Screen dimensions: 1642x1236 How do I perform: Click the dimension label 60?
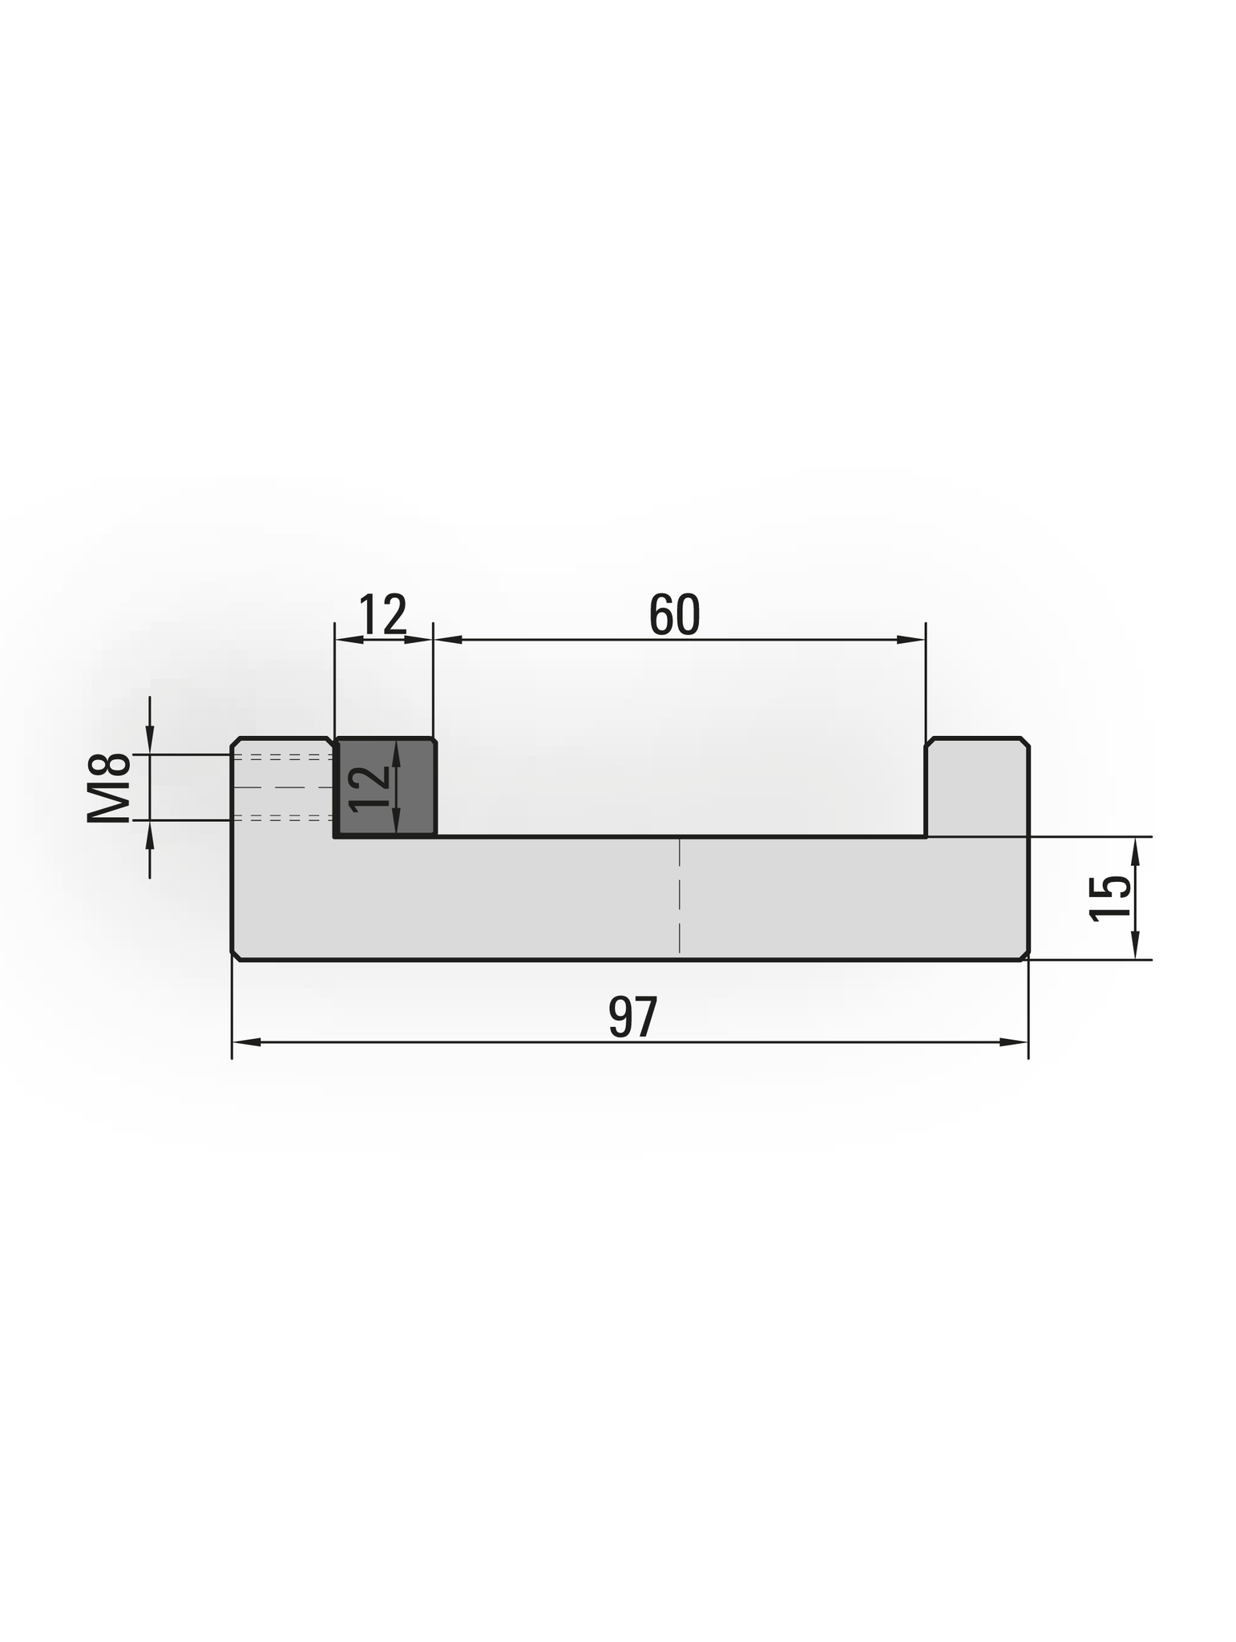(674, 615)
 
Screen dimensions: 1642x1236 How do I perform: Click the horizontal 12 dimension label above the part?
(382, 615)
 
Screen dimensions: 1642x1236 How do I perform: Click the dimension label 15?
(1110, 898)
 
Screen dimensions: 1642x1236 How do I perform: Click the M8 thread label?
(109, 788)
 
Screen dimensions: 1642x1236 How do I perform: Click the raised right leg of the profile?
(976, 786)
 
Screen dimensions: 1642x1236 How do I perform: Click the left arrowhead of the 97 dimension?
(247, 1041)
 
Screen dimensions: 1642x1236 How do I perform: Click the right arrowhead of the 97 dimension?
(1012, 1041)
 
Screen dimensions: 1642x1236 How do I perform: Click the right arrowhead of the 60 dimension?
(910, 639)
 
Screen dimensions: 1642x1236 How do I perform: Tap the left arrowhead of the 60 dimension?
(448, 639)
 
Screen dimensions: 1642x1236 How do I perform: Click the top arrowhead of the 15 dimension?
(1134, 851)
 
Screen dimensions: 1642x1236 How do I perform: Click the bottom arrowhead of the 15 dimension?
(1134, 944)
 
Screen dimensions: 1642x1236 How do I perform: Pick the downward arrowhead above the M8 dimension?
(150, 739)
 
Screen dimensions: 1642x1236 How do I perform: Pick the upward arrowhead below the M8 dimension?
(150, 835)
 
